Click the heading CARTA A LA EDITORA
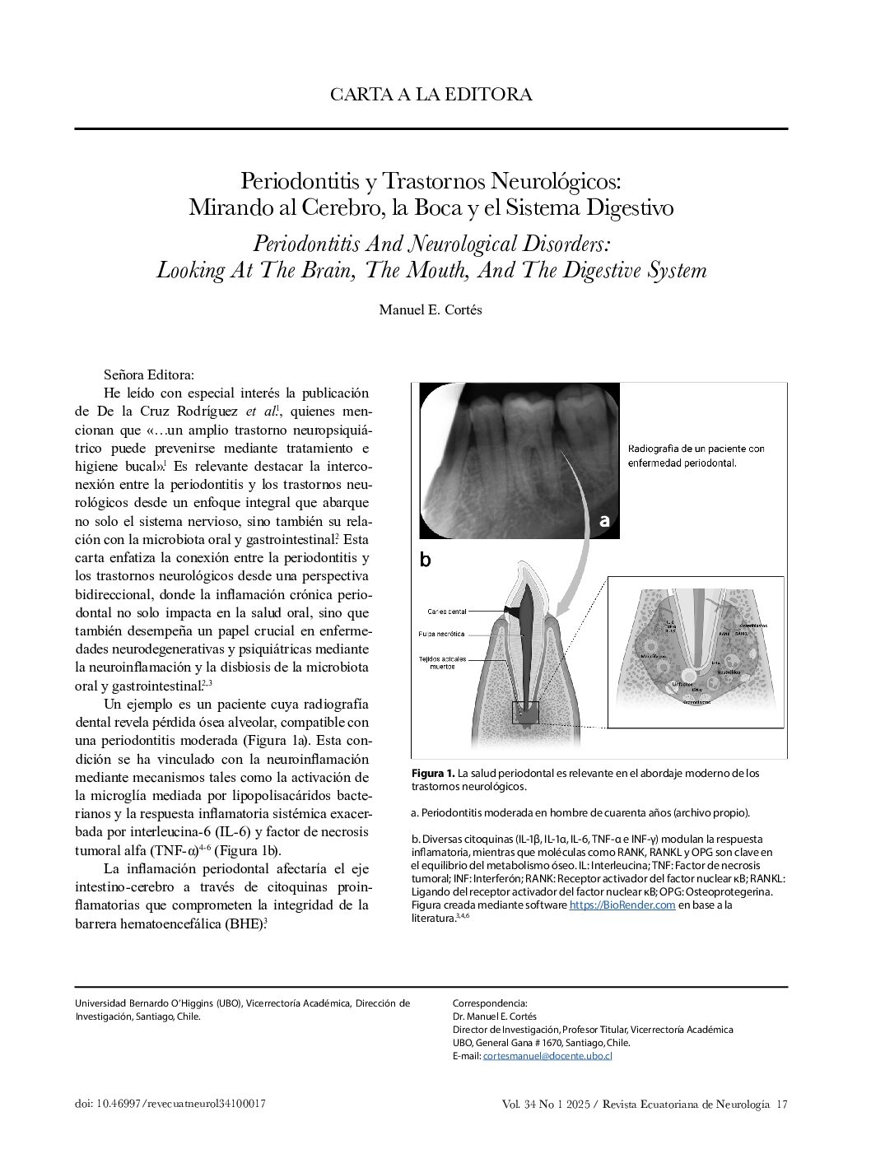pyautogui.click(x=431, y=94)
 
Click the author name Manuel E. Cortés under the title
pyautogui.click(x=431, y=309)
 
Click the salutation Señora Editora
pyautogui.click(x=149, y=374)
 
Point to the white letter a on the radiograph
pyautogui.click(x=604, y=520)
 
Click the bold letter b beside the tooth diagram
pyautogui.click(x=425, y=560)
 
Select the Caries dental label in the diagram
pyautogui.click(x=446, y=612)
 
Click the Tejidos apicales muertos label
pyautogui.click(x=443, y=663)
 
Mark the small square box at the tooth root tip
pyautogui.click(x=524, y=712)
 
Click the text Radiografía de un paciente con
pyautogui.click(x=696, y=449)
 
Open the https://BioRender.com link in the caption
pyautogui.click(x=622, y=905)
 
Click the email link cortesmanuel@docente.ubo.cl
pyautogui.click(x=547, y=1055)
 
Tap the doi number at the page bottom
pyautogui.click(x=170, y=1104)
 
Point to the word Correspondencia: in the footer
pyautogui.click(x=490, y=1003)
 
